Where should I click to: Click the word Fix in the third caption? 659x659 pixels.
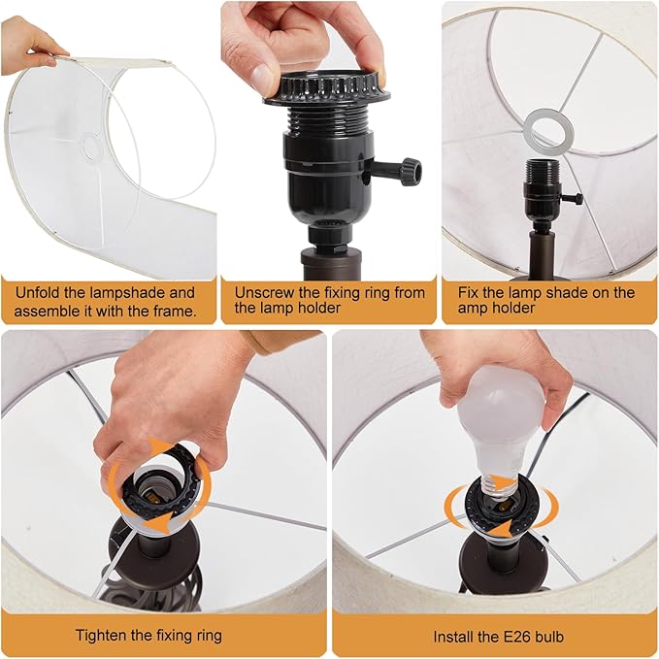468,292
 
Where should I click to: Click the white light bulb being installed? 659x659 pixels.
499,424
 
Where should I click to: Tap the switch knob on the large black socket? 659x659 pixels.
412,171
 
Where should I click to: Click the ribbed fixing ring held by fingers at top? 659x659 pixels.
327,88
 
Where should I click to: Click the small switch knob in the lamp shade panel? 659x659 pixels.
578,198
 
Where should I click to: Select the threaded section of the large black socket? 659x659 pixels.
327,118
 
